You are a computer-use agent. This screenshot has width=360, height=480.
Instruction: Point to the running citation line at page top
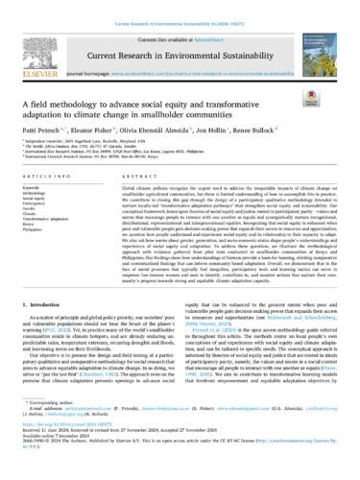[180, 8]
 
